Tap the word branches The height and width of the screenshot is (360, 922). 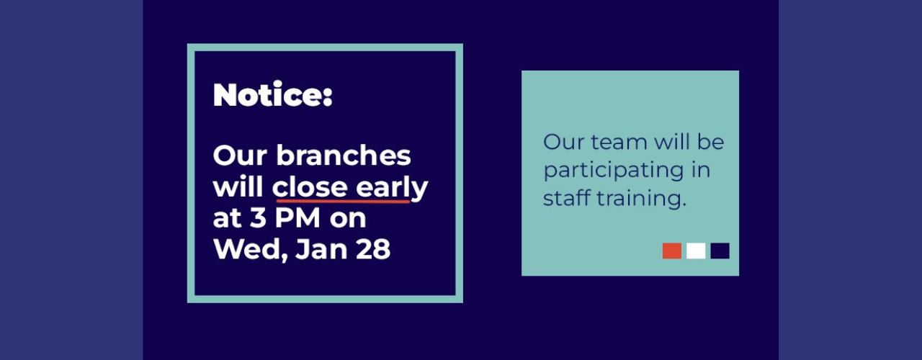coord(344,155)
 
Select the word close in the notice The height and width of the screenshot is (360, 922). coord(310,187)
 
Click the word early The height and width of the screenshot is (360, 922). coord(392,189)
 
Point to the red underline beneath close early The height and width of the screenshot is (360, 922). coord(344,201)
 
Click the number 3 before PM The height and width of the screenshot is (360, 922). coord(259,217)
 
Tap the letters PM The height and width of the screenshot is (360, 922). coord(297,217)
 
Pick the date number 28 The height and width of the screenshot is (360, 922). coord(373,249)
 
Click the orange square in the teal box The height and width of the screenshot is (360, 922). coord(672,251)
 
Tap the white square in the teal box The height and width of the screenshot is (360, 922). coord(696,251)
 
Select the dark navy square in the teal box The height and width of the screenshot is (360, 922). coord(720,251)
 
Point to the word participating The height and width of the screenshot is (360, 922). coord(613,171)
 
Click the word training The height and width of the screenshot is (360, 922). coord(641,199)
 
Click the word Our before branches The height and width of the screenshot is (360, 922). coord(240,156)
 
